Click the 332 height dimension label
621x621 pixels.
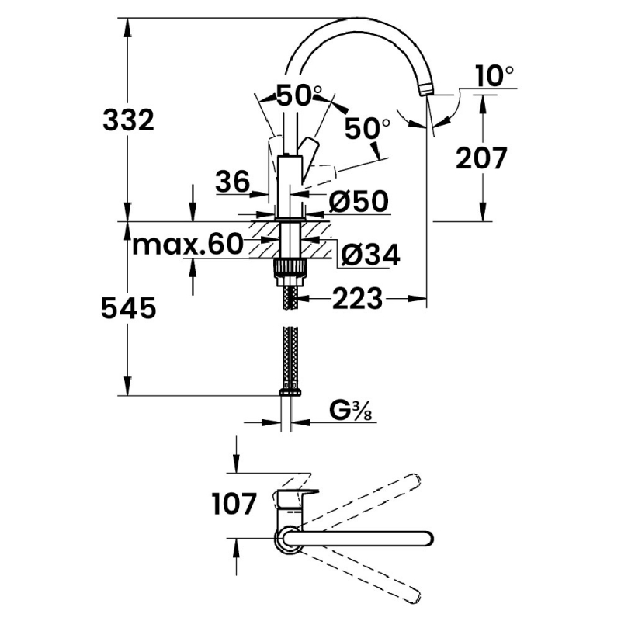pyautogui.click(x=128, y=120)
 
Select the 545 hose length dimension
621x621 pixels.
pyautogui.click(x=129, y=308)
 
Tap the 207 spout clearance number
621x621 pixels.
pyautogui.click(x=481, y=158)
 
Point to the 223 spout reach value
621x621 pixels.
pyautogui.click(x=358, y=298)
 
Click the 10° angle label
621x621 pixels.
pyautogui.click(x=494, y=75)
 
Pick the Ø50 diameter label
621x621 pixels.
pyautogui.click(x=359, y=201)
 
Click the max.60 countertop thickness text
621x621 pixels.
pyautogui.click(x=187, y=244)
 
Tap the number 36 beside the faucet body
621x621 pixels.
pyautogui.click(x=233, y=182)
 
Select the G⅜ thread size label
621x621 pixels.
pyautogui.click(x=351, y=412)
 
